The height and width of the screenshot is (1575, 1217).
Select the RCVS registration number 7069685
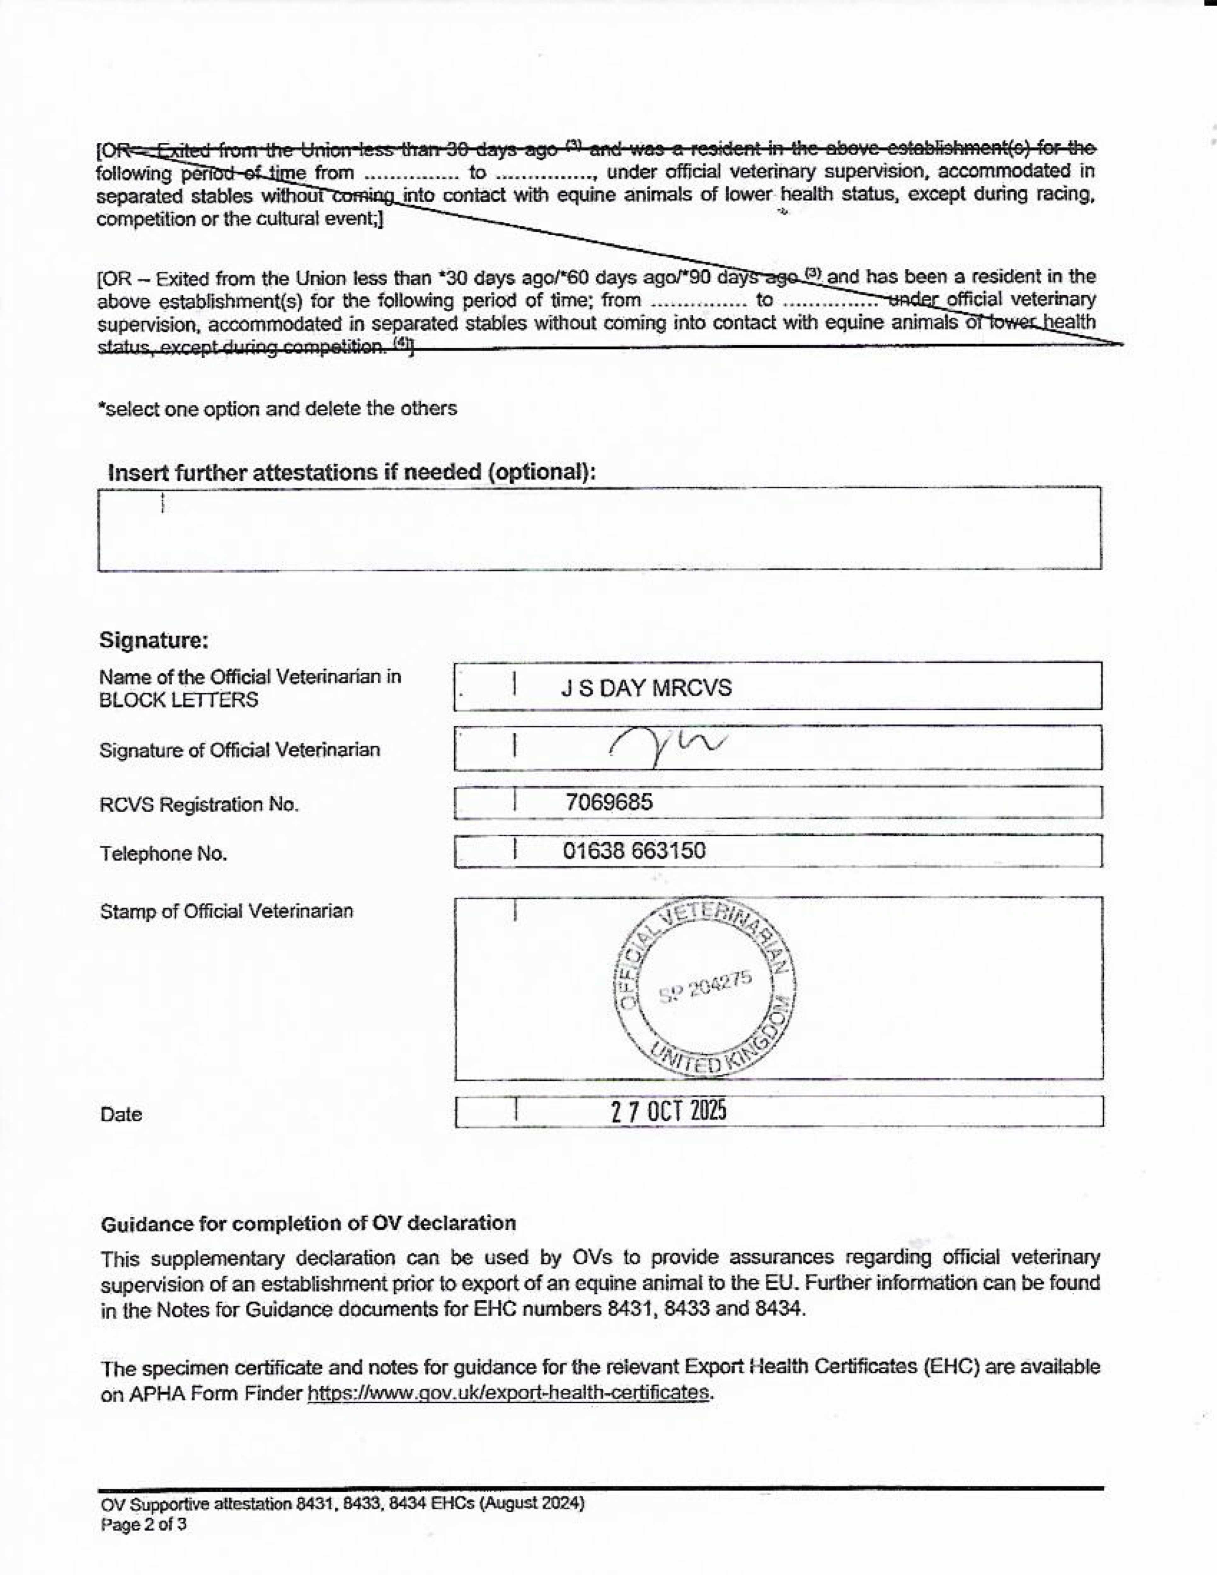click(608, 802)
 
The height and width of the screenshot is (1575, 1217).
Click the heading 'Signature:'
click(154, 640)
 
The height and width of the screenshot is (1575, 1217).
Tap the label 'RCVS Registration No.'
click(199, 805)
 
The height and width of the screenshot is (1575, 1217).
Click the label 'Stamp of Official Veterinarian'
click(227, 912)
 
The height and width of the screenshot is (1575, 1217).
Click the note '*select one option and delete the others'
click(278, 409)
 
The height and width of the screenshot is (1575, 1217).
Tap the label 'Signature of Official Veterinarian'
click(239, 750)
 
